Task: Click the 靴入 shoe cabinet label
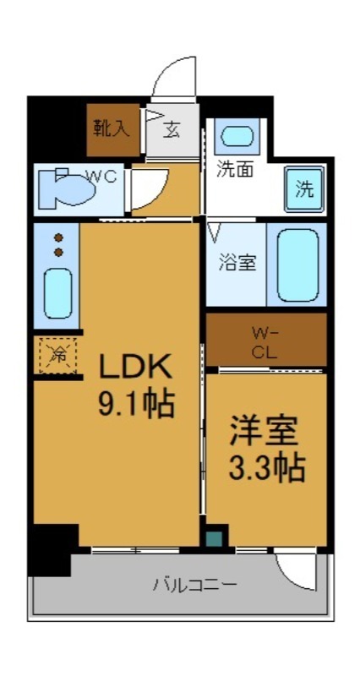(x=112, y=128)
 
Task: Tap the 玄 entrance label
(x=172, y=129)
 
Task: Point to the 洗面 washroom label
(x=234, y=169)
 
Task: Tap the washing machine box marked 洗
(x=303, y=188)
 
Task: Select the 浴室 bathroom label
(x=237, y=263)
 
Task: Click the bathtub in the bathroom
(x=298, y=264)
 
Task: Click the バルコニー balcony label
(x=194, y=584)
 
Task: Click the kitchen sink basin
(x=57, y=292)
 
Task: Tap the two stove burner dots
(x=58, y=245)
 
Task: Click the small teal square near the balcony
(x=214, y=538)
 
